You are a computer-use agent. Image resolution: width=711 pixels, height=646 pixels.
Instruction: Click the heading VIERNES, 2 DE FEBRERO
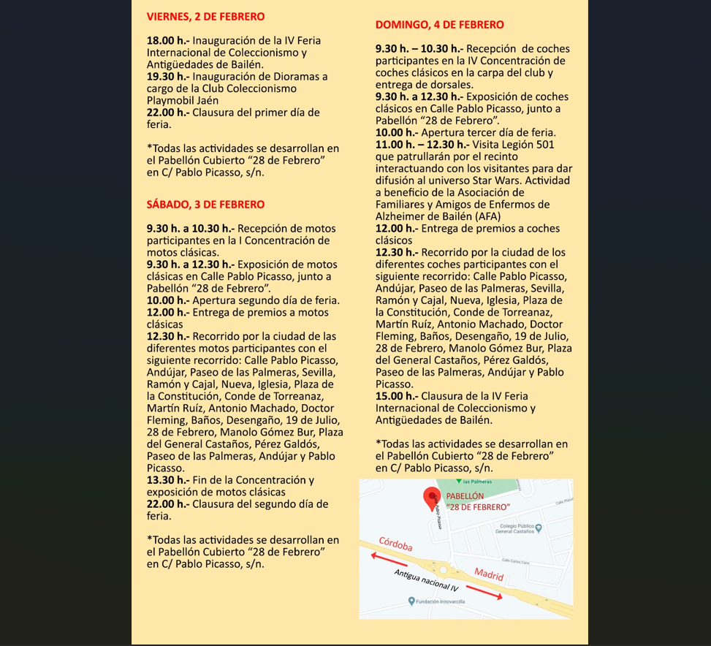(205, 16)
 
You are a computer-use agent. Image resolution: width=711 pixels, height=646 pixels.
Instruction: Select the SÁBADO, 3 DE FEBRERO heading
(205, 205)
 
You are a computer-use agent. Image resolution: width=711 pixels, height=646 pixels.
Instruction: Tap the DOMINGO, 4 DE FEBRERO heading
(439, 25)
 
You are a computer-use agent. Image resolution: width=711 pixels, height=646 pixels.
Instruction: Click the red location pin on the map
(432, 498)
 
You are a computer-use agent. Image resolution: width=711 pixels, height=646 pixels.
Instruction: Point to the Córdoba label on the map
(396, 544)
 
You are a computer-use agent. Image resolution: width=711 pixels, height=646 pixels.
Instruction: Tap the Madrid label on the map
(489, 574)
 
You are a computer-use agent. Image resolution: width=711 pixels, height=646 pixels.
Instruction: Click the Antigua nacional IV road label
(426, 580)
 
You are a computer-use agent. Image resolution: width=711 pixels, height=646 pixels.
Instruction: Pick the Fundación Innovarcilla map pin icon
(411, 601)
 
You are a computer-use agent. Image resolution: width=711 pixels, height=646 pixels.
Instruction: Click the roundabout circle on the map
(442, 569)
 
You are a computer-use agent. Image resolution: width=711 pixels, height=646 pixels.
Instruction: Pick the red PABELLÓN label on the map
(465, 495)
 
